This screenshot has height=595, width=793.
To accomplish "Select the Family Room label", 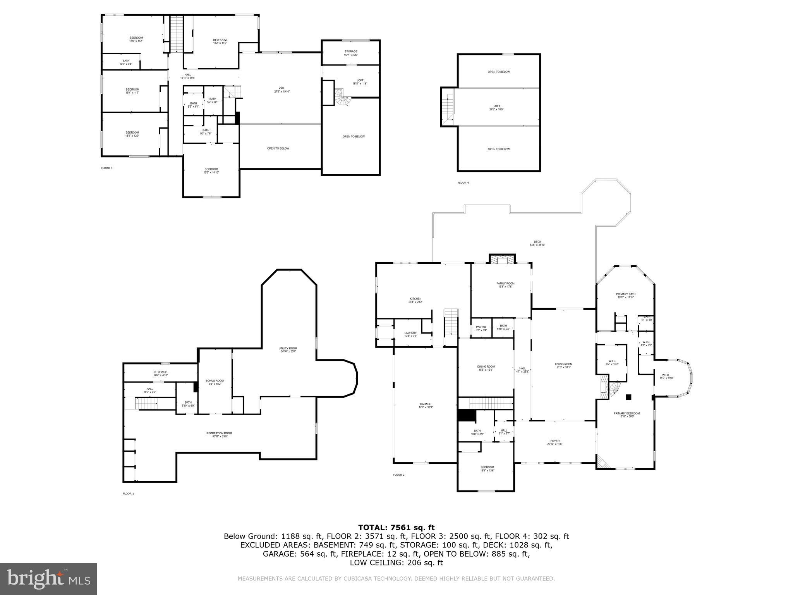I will point(505,285).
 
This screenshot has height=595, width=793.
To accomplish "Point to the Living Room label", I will point(563,366).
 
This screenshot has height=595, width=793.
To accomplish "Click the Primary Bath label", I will point(626,296).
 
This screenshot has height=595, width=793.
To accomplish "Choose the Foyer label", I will point(555,442).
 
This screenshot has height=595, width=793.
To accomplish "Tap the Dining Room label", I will point(486,368).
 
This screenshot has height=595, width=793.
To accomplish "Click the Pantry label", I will point(481,328).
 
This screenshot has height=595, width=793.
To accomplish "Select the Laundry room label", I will point(410,334).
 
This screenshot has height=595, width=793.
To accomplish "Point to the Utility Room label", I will point(288,350).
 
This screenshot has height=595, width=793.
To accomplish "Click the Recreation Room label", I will point(219,435).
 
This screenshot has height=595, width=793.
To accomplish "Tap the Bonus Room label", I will point(215,382).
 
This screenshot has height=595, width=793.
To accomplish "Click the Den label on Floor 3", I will point(281,89).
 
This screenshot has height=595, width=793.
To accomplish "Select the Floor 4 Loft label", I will point(497,107).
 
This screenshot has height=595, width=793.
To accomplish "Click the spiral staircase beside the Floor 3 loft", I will point(341,97).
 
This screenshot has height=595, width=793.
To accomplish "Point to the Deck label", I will point(537,243).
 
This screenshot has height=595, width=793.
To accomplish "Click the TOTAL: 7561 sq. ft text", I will point(396,527).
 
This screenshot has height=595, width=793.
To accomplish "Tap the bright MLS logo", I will point(48,579).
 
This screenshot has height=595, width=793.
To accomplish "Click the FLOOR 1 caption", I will point(128,494).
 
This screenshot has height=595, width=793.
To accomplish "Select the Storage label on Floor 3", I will point(351,53).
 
